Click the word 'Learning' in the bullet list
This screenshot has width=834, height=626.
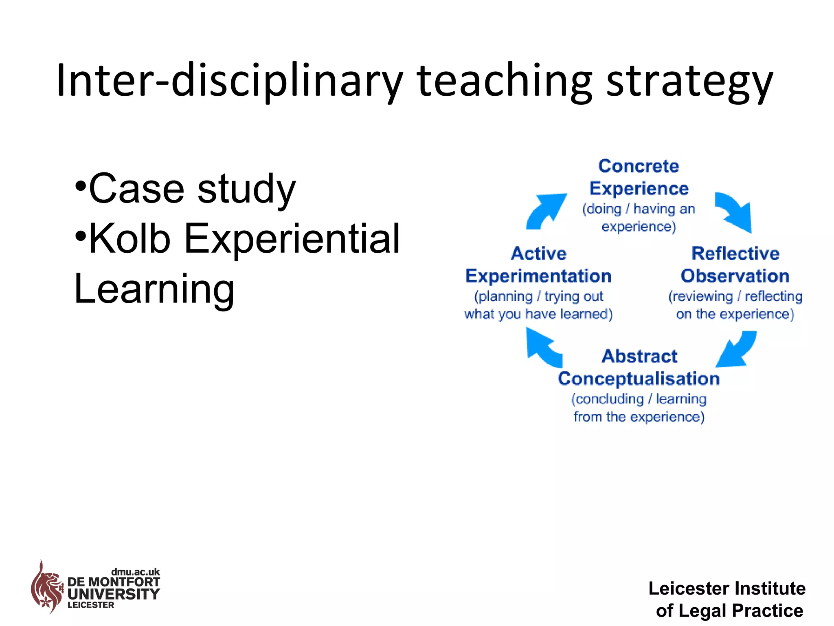[x=154, y=289]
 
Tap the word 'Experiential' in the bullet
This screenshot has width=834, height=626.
[x=292, y=239]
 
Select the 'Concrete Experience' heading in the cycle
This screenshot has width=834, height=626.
[x=639, y=177]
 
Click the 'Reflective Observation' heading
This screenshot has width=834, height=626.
[x=735, y=265]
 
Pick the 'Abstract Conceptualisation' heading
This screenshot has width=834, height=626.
[x=639, y=367]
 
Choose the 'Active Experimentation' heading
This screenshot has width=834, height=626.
[x=538, y=265]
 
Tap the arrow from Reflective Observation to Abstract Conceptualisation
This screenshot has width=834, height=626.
[x=736, y=350]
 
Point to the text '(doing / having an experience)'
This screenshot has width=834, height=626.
[x=639, y=218]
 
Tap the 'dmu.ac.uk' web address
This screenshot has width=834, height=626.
[x=135, y=572]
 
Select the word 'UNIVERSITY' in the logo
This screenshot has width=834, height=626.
[x=114, y=594]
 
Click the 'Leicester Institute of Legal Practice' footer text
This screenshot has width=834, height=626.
[x=728, y=600]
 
